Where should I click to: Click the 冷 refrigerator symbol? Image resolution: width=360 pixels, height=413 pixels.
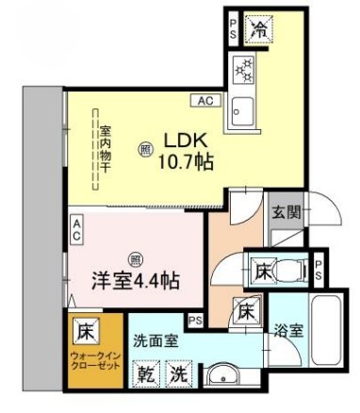point(257,29)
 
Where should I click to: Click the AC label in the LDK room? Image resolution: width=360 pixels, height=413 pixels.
point(205,100)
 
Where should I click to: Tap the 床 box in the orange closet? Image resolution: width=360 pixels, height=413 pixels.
point(84,332)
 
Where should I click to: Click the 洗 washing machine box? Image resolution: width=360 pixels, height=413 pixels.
point(179,375)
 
